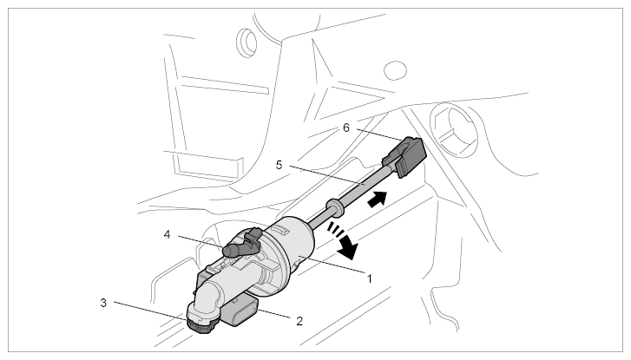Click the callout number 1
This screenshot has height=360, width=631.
pos(370,278)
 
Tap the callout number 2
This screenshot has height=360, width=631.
pos(299,321)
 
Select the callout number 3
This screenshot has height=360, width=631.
pos(103,303)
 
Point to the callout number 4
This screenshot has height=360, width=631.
pos(168,234)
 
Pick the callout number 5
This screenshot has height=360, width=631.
pos(279,165)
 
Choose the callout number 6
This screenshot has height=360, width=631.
pos(346,128)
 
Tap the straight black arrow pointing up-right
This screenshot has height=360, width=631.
pos(378,200)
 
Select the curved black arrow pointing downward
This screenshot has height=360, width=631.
pos(343,240)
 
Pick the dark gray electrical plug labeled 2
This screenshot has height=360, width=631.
pos(242,311)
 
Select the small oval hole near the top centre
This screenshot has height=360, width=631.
pos(395,71)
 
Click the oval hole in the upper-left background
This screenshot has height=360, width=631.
pos(246,42)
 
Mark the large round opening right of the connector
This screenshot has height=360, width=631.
pos(454,131)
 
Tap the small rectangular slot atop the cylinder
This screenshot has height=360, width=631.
pos(280,230)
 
